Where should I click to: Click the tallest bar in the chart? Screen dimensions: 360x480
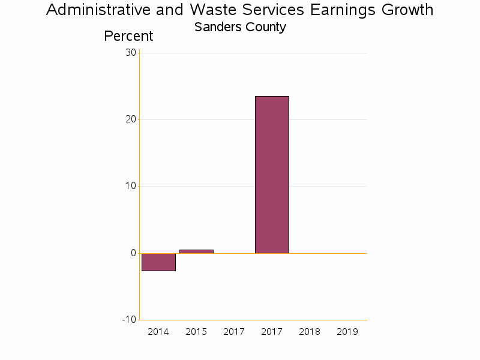click(x=272, y=175)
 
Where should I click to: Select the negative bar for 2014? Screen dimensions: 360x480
click(x=158, y=262)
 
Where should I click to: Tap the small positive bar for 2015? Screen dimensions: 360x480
click(x=196, y=251)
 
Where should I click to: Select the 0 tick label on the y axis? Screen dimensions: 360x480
click(x=133, y=253)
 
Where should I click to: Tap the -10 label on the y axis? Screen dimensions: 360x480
click(x=129, y=319)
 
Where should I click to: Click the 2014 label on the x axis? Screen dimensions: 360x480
click(x=158, y=332)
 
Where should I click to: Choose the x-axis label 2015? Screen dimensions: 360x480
click(x=196, y=332)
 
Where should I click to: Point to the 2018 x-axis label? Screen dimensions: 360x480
click(x=310, y=332)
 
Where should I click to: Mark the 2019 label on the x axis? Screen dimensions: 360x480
click(x=347, y=332)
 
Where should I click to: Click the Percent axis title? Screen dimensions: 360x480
click(x=128, y=36)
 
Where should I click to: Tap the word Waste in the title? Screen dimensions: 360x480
click(x=211, y=10)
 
